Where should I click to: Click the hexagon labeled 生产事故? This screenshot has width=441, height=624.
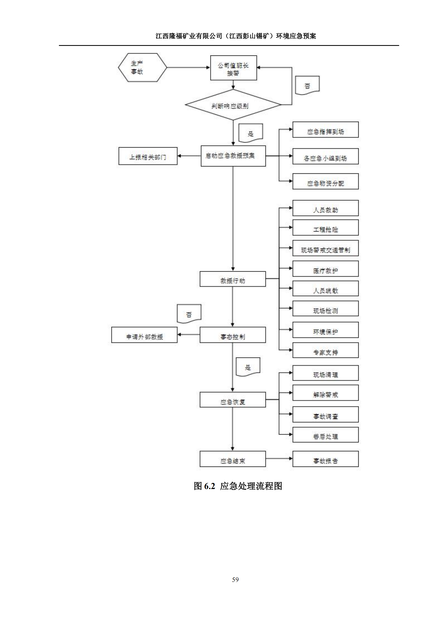(x=142, y=67)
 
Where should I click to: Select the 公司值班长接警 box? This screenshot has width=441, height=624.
(x=233, y=68)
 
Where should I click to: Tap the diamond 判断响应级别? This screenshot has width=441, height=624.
(x=233, y=105)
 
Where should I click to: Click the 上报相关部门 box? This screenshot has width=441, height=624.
(x=148, y=156)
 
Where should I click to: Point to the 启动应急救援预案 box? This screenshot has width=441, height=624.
(x=233, y=156)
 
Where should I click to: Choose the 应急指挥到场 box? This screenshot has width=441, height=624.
(x=325, y=130)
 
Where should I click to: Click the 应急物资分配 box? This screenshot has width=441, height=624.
(x=325, y=182)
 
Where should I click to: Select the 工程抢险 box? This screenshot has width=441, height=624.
(x=325, y=228)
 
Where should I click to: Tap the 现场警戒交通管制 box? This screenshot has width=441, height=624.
(x=325, y=248)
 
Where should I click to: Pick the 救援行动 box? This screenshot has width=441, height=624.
(x=232, y=279)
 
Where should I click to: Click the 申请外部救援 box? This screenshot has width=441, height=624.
(x=144, y=335)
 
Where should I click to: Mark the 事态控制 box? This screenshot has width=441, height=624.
(x=232, y=335)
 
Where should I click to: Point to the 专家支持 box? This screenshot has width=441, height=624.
(x=325, y=350)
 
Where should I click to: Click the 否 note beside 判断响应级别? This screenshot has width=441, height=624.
(x=307, y=86)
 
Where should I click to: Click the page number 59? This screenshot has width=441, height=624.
(x=235, y=580)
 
